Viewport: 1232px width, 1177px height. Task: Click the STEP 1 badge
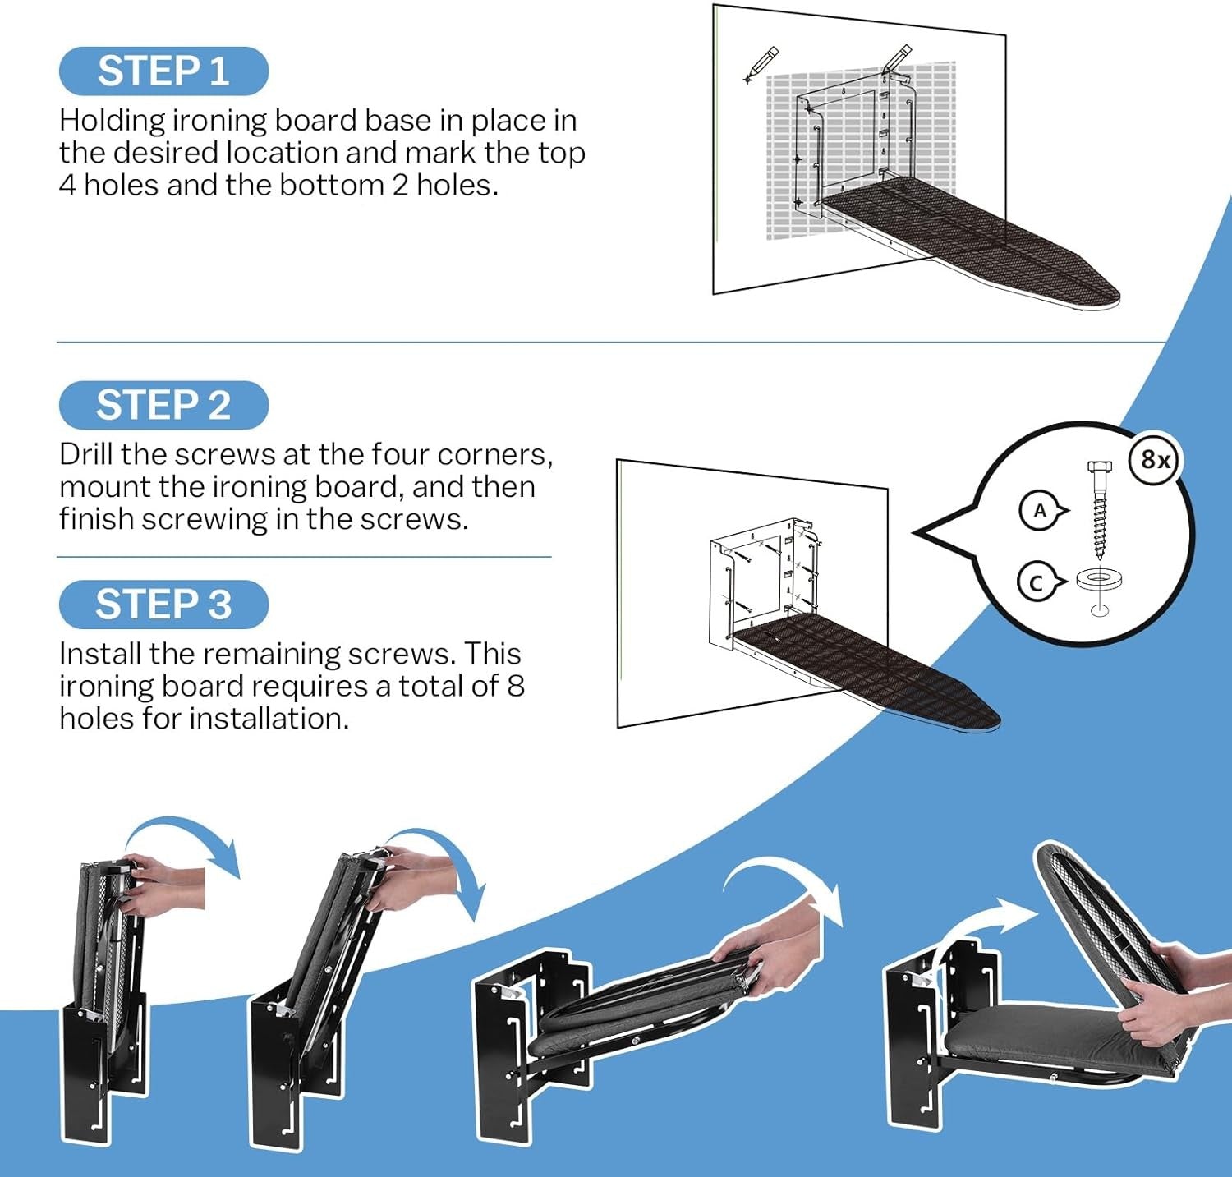pyautogui.click(x=163, y=71)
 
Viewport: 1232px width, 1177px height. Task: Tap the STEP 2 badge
pyautogui.click(x=163, y=405)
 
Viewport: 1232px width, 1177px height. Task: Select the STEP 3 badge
pyautogui.click(x=163, y=605)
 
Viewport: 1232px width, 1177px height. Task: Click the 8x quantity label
pyautogui.click(x=1155, y=460)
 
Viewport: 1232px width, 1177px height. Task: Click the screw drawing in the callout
pyautogui.click(x=1097, y=509)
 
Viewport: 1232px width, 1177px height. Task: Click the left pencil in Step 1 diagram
pyautogui.click(x=760, y=65)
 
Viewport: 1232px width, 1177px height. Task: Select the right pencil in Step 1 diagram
pyautogui.click(x=896, y=60)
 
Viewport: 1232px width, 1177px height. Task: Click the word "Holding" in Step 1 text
pyautogui.click(x=112, y=122)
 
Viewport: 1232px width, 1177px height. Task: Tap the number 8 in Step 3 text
pyautogui.click(x=515, y=686)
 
